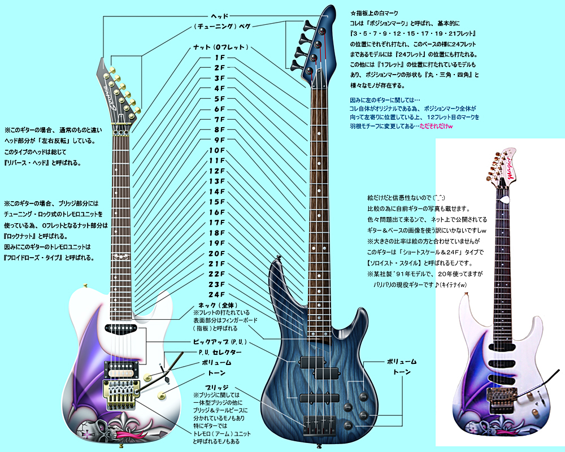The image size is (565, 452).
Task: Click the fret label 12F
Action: pyautogui.click(x=217, y=171)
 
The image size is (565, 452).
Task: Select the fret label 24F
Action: pyautogui.click(x=217, y=294)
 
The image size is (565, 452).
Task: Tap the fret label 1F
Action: pyautogui.click(x=219, y=58)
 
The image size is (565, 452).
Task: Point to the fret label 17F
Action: pyautogui.click(x=217, y=222)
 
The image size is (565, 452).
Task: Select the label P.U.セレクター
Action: pyautogui.click(x=220, y=352)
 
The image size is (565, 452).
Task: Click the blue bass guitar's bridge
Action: pyautogui.click(x=317, y=425)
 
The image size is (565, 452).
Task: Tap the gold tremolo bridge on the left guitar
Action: pyautogui.click(x=120, y=394)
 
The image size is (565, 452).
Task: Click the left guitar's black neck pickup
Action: pyautogui.click(x=120, y=327)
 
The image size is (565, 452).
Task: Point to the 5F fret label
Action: pyautogui.click(x=219, y=99)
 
